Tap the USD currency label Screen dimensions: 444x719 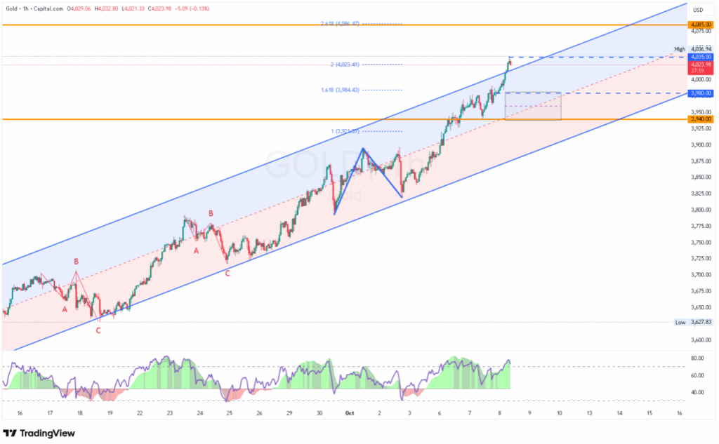698,10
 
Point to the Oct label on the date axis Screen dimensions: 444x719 349,414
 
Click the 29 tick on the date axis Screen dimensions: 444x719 289,414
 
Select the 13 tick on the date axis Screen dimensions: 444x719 589,414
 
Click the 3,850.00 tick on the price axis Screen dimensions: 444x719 699,177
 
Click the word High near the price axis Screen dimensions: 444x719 679,49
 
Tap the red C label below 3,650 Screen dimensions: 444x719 98,330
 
